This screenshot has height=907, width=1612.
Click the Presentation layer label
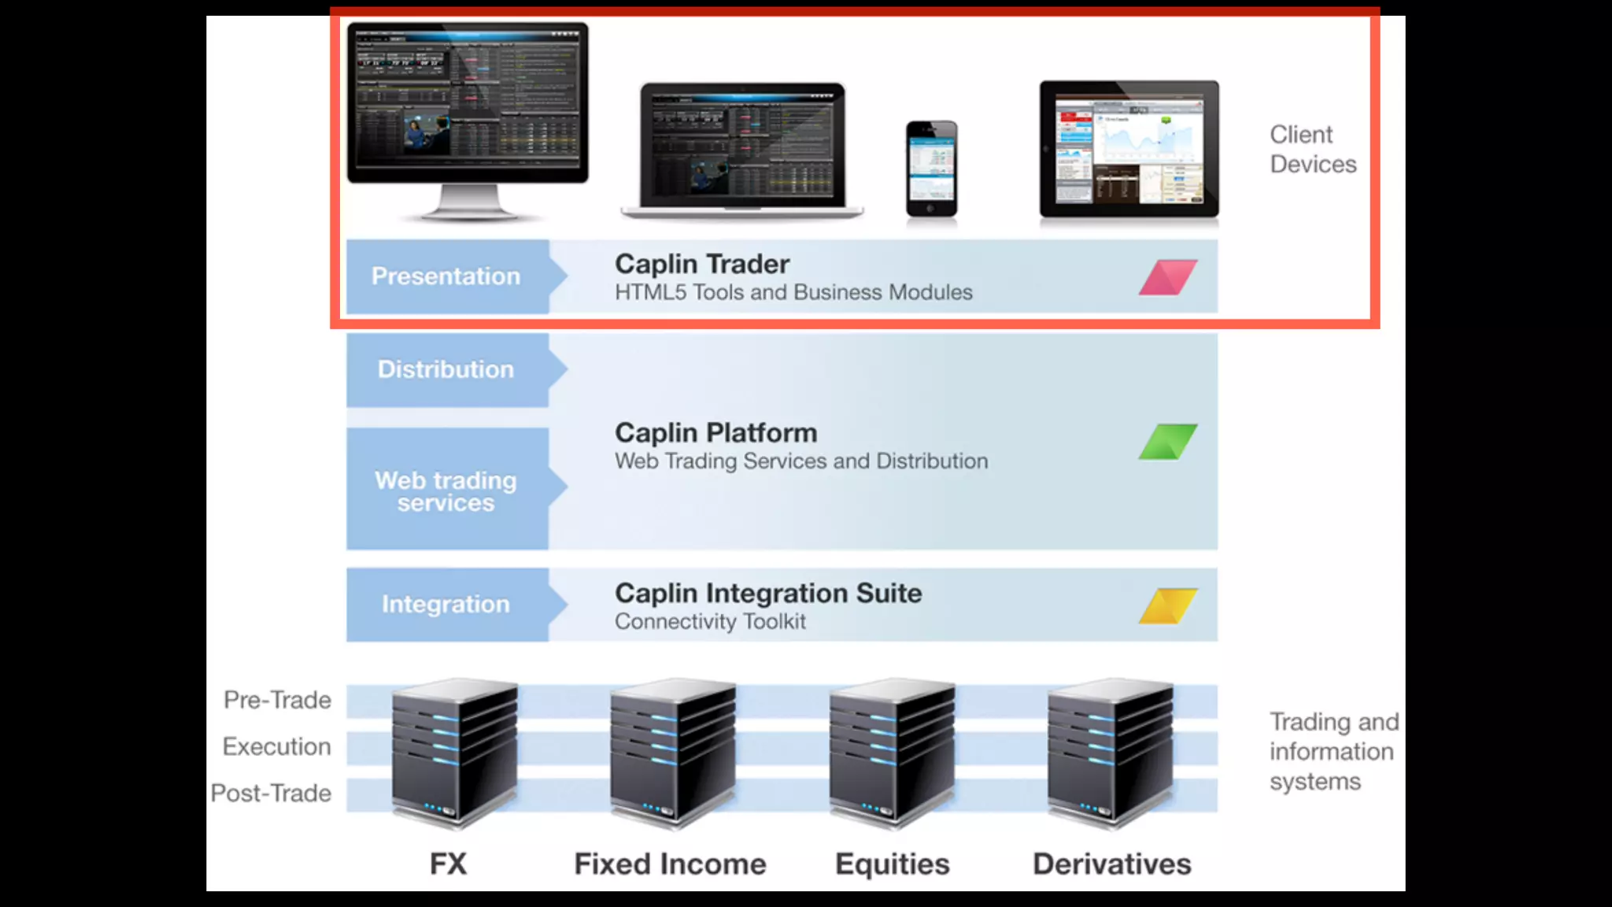pyautogui.click(x=446, y=276)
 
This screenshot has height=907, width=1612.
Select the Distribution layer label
pyautogui.click(x=446, y=369)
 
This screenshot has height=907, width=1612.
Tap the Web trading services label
pyautogui.click(x=446, y=491)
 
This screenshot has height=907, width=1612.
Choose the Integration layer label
pyautogui.click(x=446, y=604)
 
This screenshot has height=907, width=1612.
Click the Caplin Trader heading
pyautogui.click(x=702, y=264)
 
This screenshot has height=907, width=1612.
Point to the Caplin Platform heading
pyautogui.click(x=715, y=432)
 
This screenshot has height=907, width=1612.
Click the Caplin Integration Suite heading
pyautogui.click(x=768, y=593)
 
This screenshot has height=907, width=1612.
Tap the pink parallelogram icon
pyautogui.click(x=1168, y=277)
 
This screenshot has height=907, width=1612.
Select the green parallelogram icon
pyautogui.click(x=1168, y=442)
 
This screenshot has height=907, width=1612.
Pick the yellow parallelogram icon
pyautogui.click(x=1168, y=605)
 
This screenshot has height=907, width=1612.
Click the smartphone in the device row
pyautogui.click(x=931, y=168)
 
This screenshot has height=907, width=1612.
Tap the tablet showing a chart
pyautogui.click(x=1129, y=149)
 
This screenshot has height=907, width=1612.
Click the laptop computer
pyautogui.click(x=741, y=150)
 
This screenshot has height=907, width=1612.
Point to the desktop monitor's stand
pyautogui.click(x=468, y=202)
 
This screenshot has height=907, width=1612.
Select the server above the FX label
pyautogui.click(x=455, y=753)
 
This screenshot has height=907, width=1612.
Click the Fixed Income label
pyautogui.click(x=670, y=864)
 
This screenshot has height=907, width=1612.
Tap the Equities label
pyautogui.click(x=892, y=864)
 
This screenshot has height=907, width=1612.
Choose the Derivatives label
pyautogui.click(x=1111, y=864)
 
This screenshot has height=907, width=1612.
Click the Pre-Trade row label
pyautogui.click(x=277, y=700)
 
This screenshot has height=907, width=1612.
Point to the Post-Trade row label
pyautogui.click(x=271, y=793)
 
